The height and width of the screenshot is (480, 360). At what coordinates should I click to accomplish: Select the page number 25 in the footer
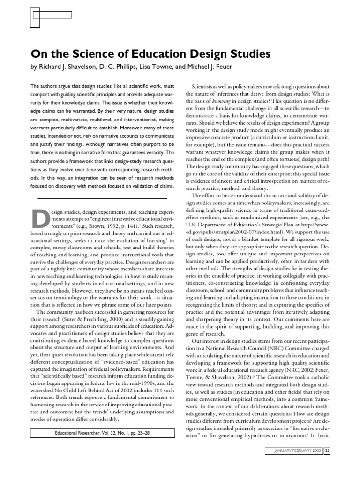pos(328,464)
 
